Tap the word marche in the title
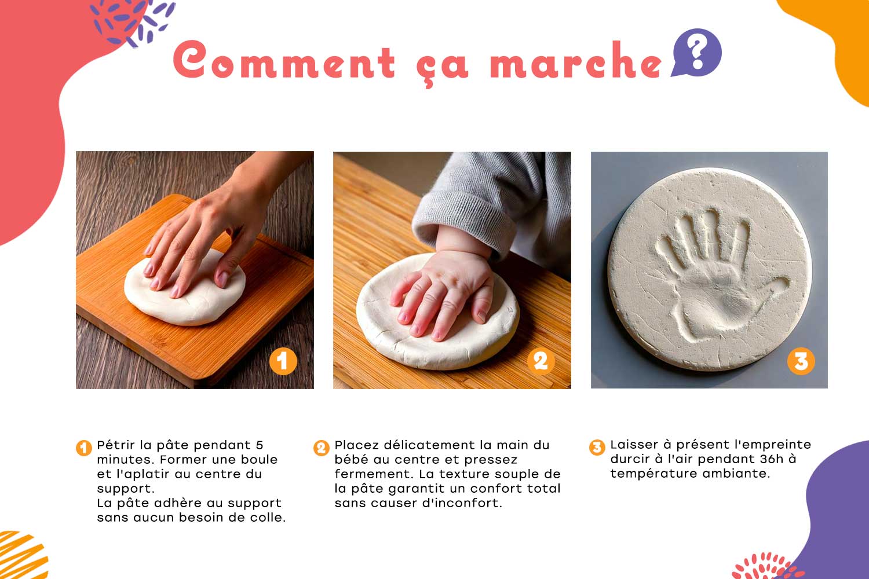(x=576, y=60)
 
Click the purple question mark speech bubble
(x=697, y=52)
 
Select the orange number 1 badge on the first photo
(x=283, y=361)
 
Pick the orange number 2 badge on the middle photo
(x=541, y=361)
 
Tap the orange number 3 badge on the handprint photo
(x=801, y=361)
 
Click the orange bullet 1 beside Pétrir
(x=84, y=448)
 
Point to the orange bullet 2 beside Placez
(x=321, y=448)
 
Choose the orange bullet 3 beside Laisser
(x=597, y=447)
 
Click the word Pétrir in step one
(x=116, y=445)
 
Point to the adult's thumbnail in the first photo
(x=222, y=279)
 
